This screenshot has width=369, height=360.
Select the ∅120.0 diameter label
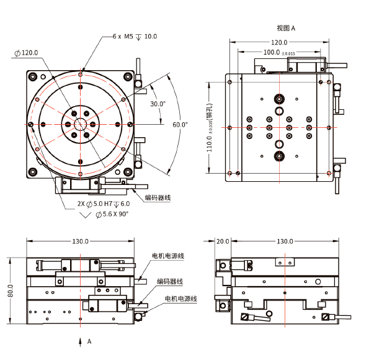26,53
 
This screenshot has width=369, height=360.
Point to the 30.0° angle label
158,104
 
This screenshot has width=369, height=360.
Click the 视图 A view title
286,28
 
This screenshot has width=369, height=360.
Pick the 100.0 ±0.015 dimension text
278,53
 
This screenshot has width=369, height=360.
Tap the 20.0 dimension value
223,241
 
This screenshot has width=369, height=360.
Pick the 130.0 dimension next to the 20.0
285,241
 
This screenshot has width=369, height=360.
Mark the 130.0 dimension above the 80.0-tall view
81,241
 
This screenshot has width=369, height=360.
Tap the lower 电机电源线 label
180,299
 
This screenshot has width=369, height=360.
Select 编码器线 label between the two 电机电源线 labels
169,281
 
